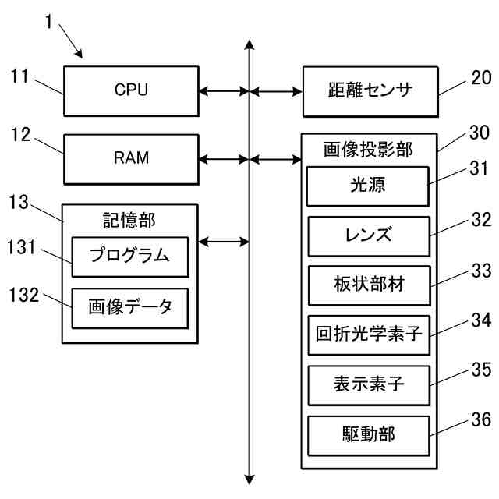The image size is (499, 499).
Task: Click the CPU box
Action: (130, 91)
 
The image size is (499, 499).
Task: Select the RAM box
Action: (130, 158)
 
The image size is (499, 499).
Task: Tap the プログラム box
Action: (130, 257)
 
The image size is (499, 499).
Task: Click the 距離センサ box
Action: (369, 91)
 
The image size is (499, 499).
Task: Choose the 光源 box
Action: (369, 186)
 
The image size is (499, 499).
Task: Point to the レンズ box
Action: (369, 235)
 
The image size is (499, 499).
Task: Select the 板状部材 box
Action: (369, 285)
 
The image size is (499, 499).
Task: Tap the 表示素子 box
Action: (369, 384)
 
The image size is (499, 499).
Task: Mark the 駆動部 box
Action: (369, 435)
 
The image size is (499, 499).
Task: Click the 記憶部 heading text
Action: (129, 221)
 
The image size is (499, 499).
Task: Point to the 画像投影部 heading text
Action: (368, 148)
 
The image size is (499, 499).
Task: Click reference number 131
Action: (23, 246)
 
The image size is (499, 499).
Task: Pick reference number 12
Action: (21, 135)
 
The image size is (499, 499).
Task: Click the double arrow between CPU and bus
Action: (223, 91)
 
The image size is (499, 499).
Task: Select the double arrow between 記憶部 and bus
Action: (223, 242)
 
